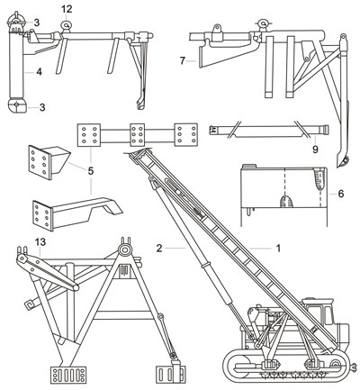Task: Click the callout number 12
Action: [x=67, y=9]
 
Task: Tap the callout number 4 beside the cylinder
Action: [x=39, y=72]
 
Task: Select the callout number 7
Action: [x=183, y=61]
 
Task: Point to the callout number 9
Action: [x=315, y=149]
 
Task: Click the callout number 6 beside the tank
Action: [x=341, y=194]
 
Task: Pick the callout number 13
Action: [x=40, y=242]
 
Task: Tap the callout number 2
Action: [x=159, y=249]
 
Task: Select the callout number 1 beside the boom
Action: [x=278, y=249]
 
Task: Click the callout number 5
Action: [x=91, y=171]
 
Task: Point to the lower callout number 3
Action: [x=42, y=107]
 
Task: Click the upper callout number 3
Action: [x=36, y=23]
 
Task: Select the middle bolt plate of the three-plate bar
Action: [x=138, y=134]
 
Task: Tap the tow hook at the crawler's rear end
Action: [x=353, y=366]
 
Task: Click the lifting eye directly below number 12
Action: [x=66, y=25]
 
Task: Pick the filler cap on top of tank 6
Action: [x=248, y=166]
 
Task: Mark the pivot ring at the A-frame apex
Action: [x=123, y=249]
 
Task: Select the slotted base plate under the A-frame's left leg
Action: [x=68, y=375]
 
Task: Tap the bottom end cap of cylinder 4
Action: [x=17, y=106]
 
